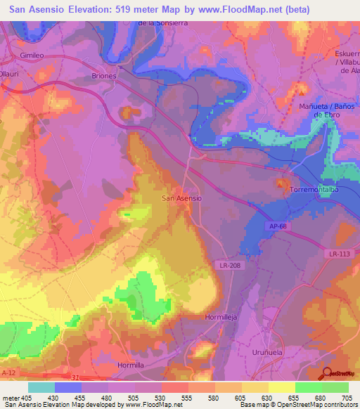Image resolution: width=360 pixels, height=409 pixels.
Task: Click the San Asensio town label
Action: pos(182,198)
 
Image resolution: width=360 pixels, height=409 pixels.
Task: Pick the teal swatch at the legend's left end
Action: pos(41,387)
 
